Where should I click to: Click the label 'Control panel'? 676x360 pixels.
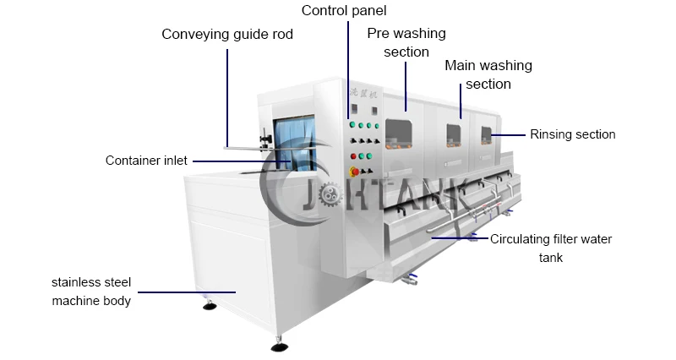click(x=344, y=12)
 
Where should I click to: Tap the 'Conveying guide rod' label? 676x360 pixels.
click(x=227, y=35)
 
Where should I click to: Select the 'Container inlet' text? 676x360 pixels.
click(x=146, y=161)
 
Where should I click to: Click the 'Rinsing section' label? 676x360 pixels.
click(x=572, y=134)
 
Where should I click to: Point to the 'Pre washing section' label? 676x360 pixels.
click(x=406, y=42)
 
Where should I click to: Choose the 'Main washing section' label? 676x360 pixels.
click(x=488, y=74)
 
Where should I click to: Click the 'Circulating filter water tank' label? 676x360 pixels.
click(x=551, y=248)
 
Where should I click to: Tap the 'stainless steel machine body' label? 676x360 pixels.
click(x=91, y=291)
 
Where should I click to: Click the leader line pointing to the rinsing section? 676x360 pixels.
click(x=509, y=134)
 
